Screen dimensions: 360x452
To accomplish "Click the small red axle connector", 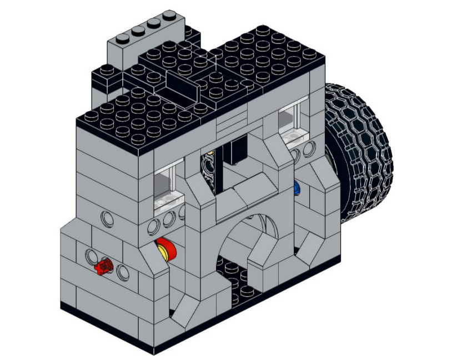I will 103,267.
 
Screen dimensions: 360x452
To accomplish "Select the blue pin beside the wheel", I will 297,188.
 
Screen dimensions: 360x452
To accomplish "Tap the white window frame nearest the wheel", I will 292,123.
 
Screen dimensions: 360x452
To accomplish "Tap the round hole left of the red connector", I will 90,257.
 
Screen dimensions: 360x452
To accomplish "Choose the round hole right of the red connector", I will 123,273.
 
